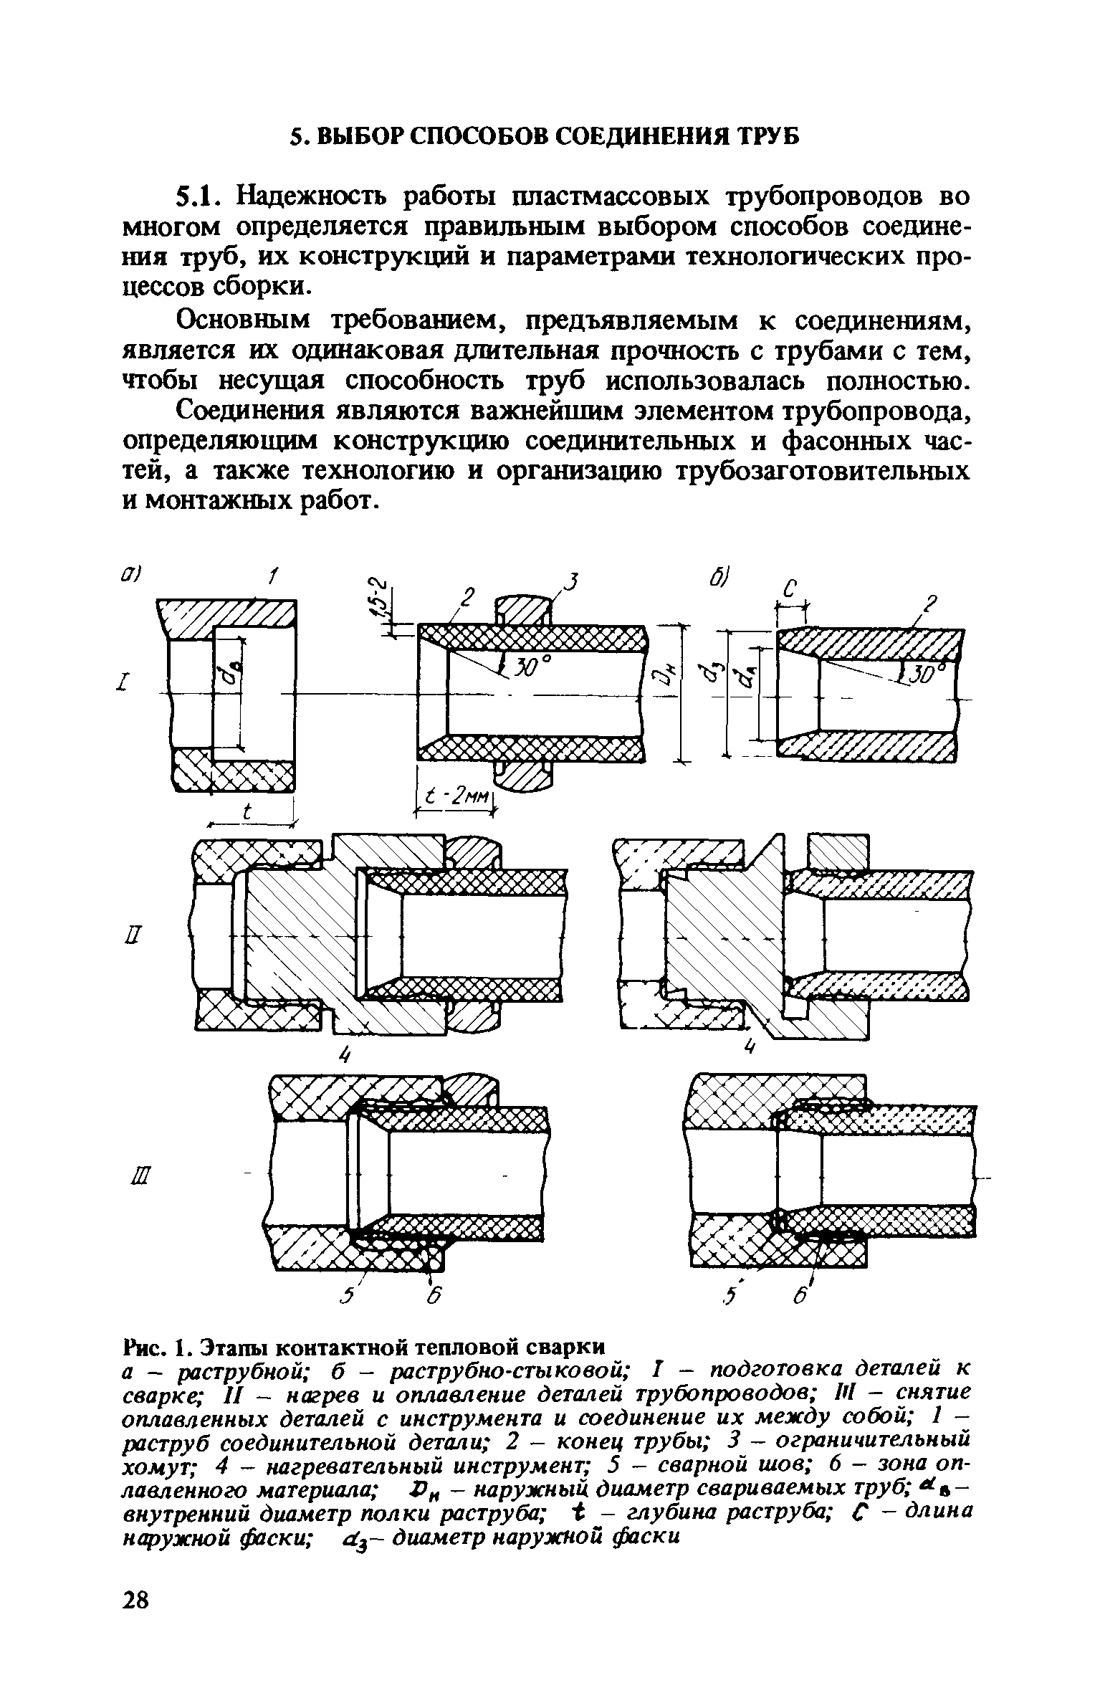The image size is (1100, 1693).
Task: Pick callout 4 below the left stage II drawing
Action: click(x=346, y=1056)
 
